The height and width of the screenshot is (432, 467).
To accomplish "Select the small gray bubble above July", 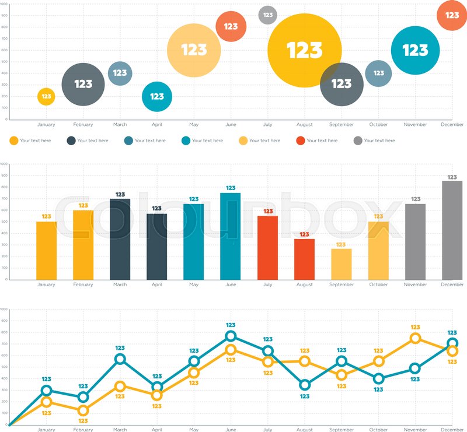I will pyautogui.click(x=267, y=15).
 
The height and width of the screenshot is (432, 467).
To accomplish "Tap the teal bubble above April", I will pyautogui.click(x=157, y=97).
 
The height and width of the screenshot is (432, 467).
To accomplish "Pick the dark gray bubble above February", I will pyautogui.click(x=83, y=85).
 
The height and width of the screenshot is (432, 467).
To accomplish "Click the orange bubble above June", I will pyautogui.click(x=231, y=26).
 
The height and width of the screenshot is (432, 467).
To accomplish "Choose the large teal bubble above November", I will pyautogui.click(x=415, y=51).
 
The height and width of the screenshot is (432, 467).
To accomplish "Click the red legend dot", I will pyautogui.click(x=301, y=141).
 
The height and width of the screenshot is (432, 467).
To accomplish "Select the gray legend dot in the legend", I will pyautogui.click(x=358, y=141).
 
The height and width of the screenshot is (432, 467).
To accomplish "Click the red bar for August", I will pyautogui.click(x=304, y=259).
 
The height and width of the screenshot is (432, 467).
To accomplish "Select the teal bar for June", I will pyautogui.click(x=231, y=236).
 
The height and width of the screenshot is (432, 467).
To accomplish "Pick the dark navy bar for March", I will pyautogui.click(x=120, y=239).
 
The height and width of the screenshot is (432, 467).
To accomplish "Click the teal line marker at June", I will pyautogui.click(x=231, y=336).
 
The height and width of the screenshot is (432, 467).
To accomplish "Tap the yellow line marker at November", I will pyautogui.click(x=415, y=338).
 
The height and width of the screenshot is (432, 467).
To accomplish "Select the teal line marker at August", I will pyautogui.click(x=304, y=385).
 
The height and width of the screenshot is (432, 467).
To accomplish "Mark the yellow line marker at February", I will pyautogui.click(x=83, y=410).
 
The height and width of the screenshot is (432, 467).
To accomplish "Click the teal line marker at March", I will pyautogui.click(x=120, y=359).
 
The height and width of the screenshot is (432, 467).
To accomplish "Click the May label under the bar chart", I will pyautogui.click(x=194, y=285).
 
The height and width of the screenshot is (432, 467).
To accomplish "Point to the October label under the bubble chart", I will pyautogui.click(x=378, y=124).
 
